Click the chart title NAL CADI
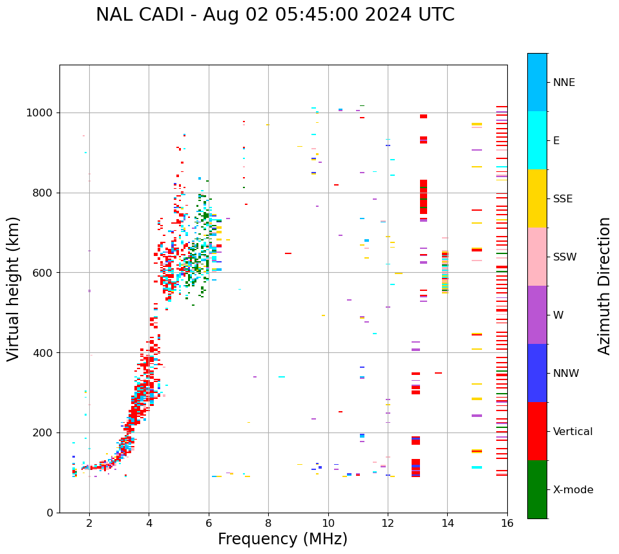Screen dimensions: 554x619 point(275,15)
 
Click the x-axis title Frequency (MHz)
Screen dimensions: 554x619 point(282,539)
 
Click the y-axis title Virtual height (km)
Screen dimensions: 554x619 point(14,288)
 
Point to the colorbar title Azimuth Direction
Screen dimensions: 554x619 point(604,286)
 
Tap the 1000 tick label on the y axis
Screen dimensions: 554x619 point(39,112)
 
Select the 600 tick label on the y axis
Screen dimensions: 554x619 point(42,273)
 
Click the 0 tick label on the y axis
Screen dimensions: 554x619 point(49,513)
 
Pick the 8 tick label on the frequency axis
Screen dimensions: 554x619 point(268,522)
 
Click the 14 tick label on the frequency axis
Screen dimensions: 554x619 point(447,522)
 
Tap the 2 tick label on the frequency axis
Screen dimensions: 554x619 point(89,522)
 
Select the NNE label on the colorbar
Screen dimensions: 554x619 point(564,83)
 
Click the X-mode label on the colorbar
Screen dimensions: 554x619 point(573,490)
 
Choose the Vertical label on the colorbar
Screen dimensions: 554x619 point(573,432)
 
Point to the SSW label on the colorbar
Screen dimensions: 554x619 point(565,257)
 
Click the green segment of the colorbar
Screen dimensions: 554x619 point(537,489)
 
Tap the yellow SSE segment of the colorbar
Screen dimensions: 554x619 point(537,198)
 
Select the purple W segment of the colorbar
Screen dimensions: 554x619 point(537,315)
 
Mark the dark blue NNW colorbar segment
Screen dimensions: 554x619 point(537,373)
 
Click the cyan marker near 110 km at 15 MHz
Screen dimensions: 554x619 point(477,467)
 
